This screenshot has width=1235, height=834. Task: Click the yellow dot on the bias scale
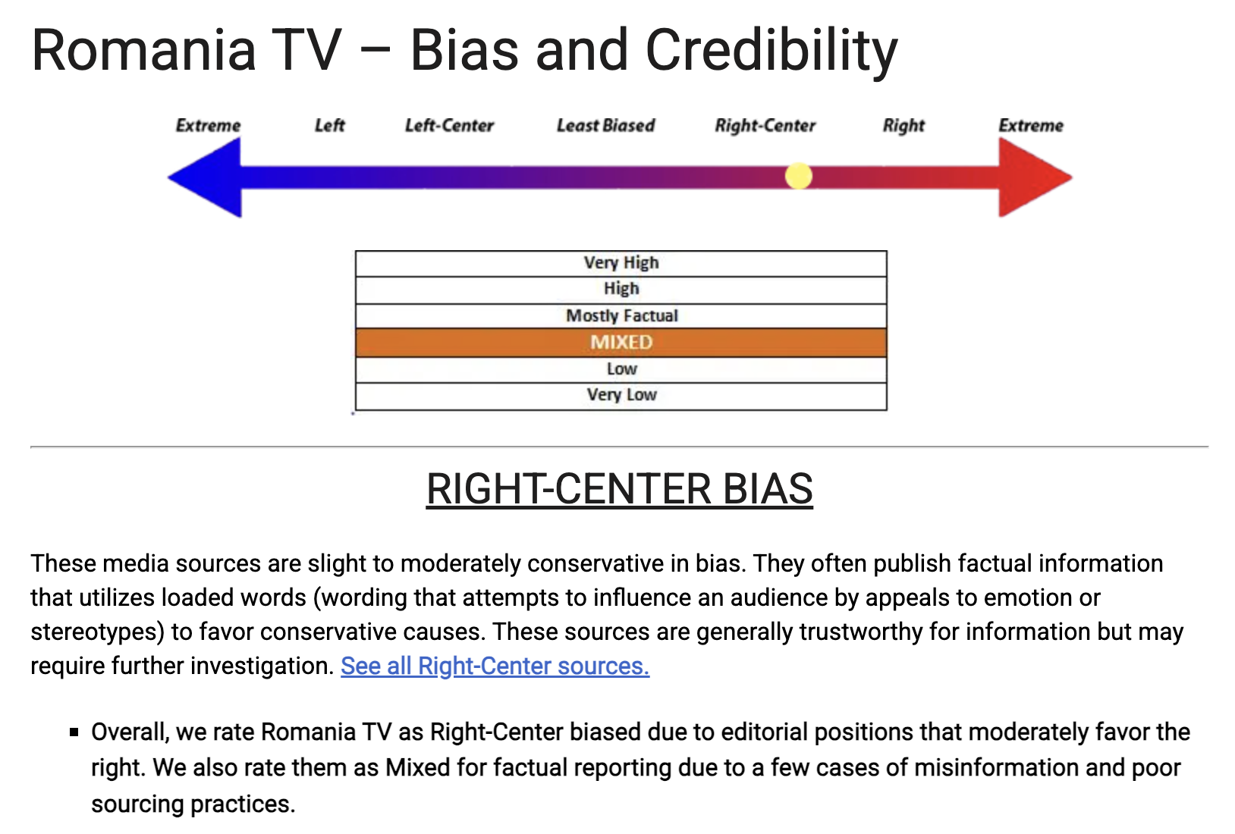coord(798,176)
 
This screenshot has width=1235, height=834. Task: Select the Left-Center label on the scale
coord(449,126)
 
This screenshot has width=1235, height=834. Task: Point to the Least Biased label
coord(605,126)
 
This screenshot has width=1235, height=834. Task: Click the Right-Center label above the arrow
coord(765,126)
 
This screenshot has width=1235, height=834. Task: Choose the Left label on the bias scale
coord(329,126)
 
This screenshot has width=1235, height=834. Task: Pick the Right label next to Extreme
coord(903,126)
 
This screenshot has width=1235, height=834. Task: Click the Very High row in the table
coord(621,263)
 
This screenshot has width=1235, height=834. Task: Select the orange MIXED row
coord(621,342)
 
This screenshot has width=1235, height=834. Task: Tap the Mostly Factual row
coord(621,315)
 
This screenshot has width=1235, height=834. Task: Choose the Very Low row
coord(621,395)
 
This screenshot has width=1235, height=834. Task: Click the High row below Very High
coord(621,289)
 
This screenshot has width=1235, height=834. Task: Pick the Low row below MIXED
coord(621,369)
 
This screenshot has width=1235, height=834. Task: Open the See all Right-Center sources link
coord(495,666)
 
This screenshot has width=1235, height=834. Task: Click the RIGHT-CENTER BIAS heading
coord(619,489)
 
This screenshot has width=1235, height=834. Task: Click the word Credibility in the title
coord(771,51)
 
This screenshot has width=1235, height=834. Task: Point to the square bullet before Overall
coord(74,732)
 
